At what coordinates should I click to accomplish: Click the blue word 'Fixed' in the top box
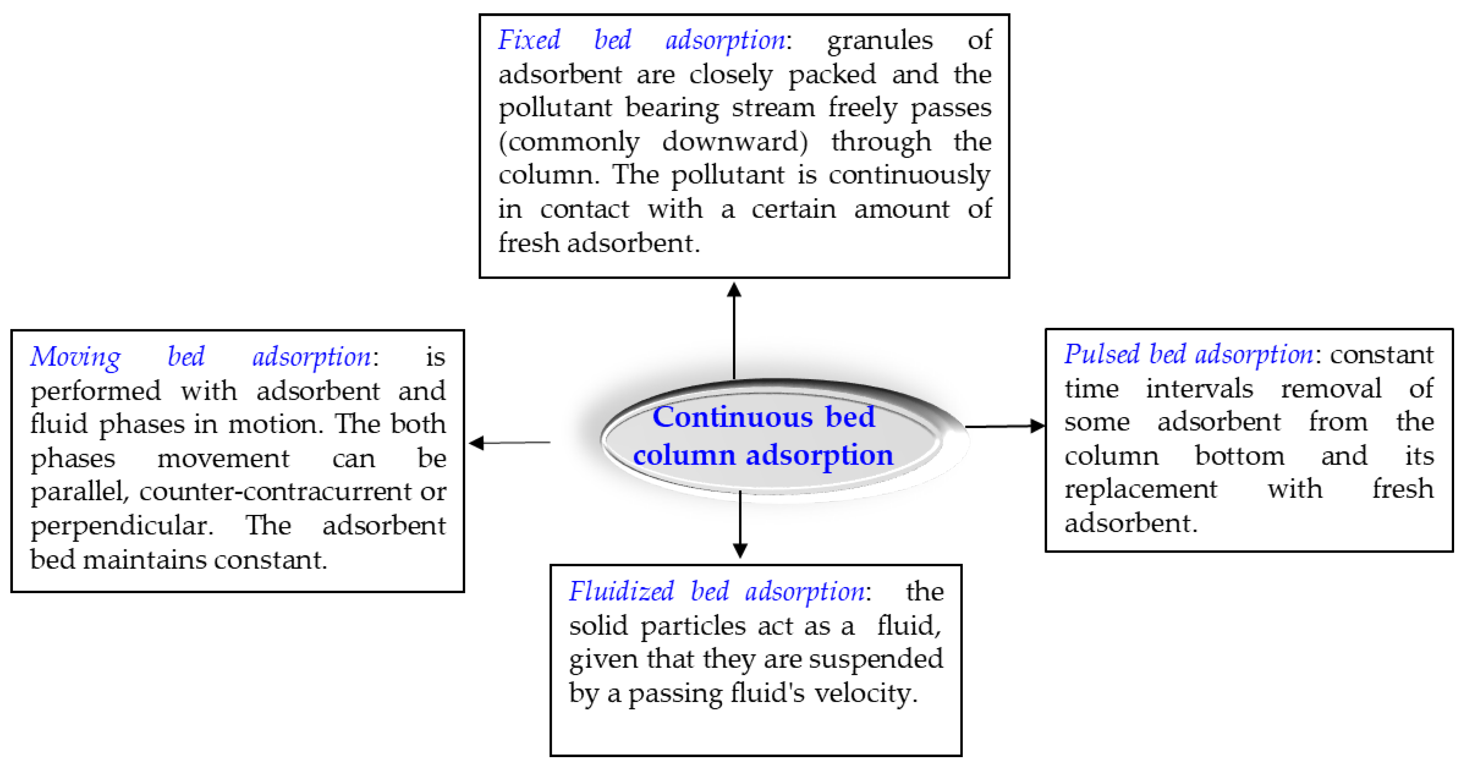tap(529, 40)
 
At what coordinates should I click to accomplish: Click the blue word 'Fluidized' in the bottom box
tap(621, 591)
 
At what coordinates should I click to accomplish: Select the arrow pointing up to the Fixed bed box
tap(734, 330)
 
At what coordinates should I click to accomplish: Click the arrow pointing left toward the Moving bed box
tap(508, 443)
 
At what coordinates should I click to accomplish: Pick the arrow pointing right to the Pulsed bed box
tap(1005, 426)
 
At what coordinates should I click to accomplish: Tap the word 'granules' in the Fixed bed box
tap(879, 40)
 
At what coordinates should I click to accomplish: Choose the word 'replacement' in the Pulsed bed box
tap(1140, 489)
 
